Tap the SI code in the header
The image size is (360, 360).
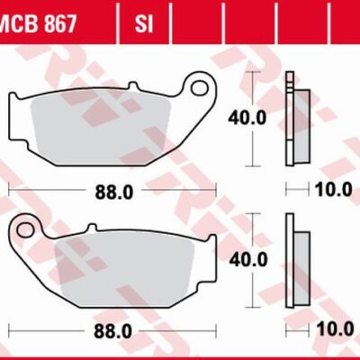pyautogui.click(x=143, y=20)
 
